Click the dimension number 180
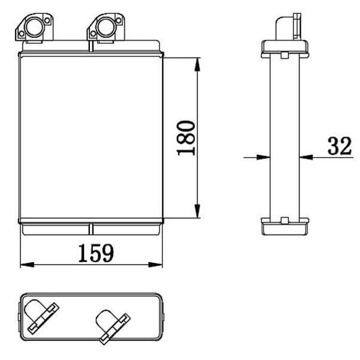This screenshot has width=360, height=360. [x=186, y=138]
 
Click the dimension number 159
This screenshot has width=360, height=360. [x=96, y=253]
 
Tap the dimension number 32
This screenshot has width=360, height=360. [x=340, y=146]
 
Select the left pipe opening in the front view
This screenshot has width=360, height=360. [x=35, y=27]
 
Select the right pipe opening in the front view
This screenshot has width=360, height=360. [x=106, y=27]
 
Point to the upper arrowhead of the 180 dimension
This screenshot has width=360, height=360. [x=197, y=65]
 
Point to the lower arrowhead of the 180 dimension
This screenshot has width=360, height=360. [x=197, y=211]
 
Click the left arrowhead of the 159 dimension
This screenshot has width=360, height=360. [x=27, y=265]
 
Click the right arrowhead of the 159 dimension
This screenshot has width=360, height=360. [x=155, y=265]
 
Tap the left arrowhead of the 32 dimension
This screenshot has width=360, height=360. [x=263, y=157]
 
